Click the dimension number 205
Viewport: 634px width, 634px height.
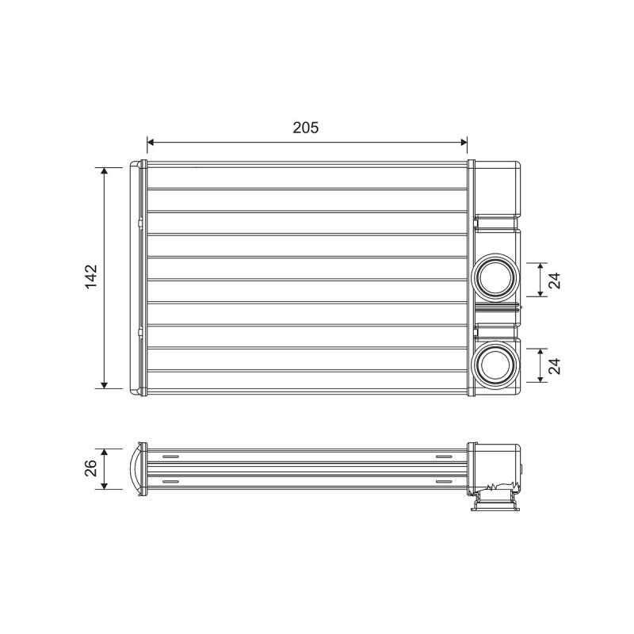(x=306, y=128)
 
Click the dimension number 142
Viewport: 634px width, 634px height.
(x=91, y=277)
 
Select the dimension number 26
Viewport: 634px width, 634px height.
(x=91, y=468)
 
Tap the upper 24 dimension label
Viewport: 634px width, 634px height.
(x=555, y=281)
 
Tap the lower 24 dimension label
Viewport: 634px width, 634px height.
(x=555, y=366)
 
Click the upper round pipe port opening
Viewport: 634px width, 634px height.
(x=495, y=278)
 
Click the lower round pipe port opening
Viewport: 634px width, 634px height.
(x=495, y=365)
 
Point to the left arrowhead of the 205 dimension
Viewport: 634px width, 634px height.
(x=151, y=142)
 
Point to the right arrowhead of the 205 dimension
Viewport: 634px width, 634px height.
(x=464, y=142)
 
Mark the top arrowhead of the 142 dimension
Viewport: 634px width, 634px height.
(x=105, y=171)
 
